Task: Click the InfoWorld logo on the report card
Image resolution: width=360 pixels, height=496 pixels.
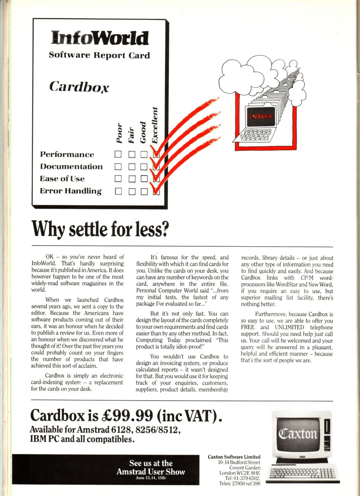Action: [100, 38]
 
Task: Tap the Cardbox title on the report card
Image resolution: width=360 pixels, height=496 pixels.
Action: [79, 87]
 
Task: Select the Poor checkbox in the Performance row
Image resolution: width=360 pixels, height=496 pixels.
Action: [118, 154]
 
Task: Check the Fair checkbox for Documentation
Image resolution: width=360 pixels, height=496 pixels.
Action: [132, 167]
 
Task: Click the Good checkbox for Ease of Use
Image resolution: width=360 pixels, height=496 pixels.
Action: [144, 179]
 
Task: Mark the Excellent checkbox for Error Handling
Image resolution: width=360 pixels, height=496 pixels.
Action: [156, 192]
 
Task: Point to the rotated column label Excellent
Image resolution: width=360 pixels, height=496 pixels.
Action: [155, 125]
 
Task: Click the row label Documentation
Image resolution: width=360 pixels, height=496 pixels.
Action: [71, 167]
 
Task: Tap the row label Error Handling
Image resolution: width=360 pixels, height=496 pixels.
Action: [71, 191]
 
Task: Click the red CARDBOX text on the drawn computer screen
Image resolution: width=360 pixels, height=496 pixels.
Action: [261, 116]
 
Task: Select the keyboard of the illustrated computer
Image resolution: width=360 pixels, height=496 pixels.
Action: [256, 135]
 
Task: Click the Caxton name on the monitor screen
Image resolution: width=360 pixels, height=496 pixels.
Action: [298, 434]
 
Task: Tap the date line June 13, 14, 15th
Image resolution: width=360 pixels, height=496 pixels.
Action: [151, 478]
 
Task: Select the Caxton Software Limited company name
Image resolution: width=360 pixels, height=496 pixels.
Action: [234, 457]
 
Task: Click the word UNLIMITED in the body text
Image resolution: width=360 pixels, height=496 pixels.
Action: [289, 327]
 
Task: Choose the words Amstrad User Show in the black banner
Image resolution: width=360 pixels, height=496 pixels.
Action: [151, 472]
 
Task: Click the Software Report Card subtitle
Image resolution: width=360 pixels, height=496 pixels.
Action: [99, 55]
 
